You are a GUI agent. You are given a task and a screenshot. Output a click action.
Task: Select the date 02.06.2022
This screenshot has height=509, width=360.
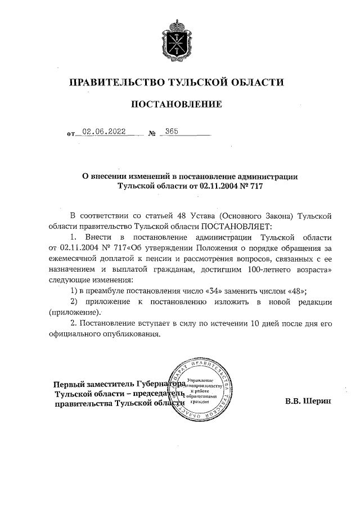(x=103, y=132)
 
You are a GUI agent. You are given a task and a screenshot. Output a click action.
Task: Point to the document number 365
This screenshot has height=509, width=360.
(x=171, y=132)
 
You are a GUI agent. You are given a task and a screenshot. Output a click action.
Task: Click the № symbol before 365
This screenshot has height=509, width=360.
(x=152, y=134)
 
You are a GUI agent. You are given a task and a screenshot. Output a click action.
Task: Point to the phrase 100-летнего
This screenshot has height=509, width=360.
(x=269, y=269)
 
